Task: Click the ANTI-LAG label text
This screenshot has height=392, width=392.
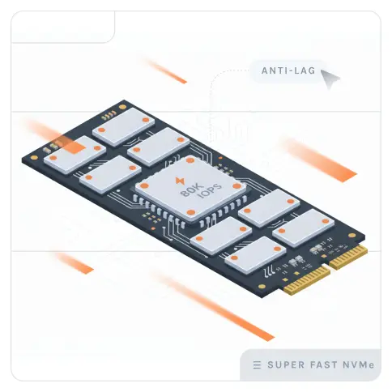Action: tap(288, 70)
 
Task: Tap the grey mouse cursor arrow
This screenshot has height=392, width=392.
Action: tap(330, 78)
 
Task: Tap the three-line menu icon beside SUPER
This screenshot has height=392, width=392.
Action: tap(257, 365)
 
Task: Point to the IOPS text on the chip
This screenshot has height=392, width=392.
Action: tap(211, 191)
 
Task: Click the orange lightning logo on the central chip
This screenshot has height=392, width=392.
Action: tap(179, 181)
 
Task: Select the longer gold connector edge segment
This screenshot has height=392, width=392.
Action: tap(307, 281)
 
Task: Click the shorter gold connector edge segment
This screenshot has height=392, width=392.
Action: tap(348, 258)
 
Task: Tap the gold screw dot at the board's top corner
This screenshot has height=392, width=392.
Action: tap(122, 107)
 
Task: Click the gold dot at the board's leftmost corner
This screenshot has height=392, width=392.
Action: tap(34, 158)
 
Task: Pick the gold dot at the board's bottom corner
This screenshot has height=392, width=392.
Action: tap(262, 287)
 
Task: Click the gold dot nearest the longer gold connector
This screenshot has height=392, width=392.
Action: tap(262, 287)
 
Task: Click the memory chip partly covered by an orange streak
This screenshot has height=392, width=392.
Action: tap(75, 155)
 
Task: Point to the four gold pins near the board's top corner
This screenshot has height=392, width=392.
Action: tap(109, 115)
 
